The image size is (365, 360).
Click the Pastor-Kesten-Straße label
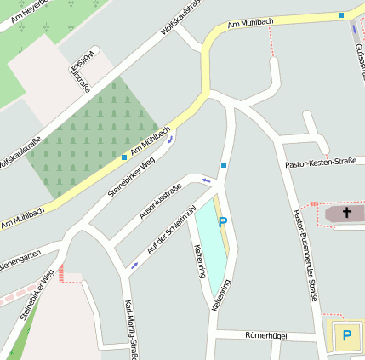point(321,161)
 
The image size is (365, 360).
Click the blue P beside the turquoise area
point(223,222)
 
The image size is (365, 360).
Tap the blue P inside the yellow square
point(346,335)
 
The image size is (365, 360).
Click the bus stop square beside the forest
point(124,157)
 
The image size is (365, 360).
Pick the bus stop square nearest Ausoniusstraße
point(224,164)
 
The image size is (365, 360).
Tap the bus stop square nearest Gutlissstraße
point(341,14)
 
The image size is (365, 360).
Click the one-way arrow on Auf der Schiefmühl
point(134,266)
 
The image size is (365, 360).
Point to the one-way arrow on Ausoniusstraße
point(205,180)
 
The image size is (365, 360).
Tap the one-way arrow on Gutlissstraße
point(355,30)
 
